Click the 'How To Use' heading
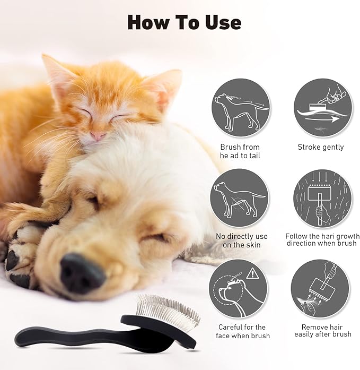(184, 22)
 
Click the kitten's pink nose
(97, 136)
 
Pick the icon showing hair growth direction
(320, 197)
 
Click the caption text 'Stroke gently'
(320, 147)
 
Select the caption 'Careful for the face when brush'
(242, 331)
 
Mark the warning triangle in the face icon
(253, 274)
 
